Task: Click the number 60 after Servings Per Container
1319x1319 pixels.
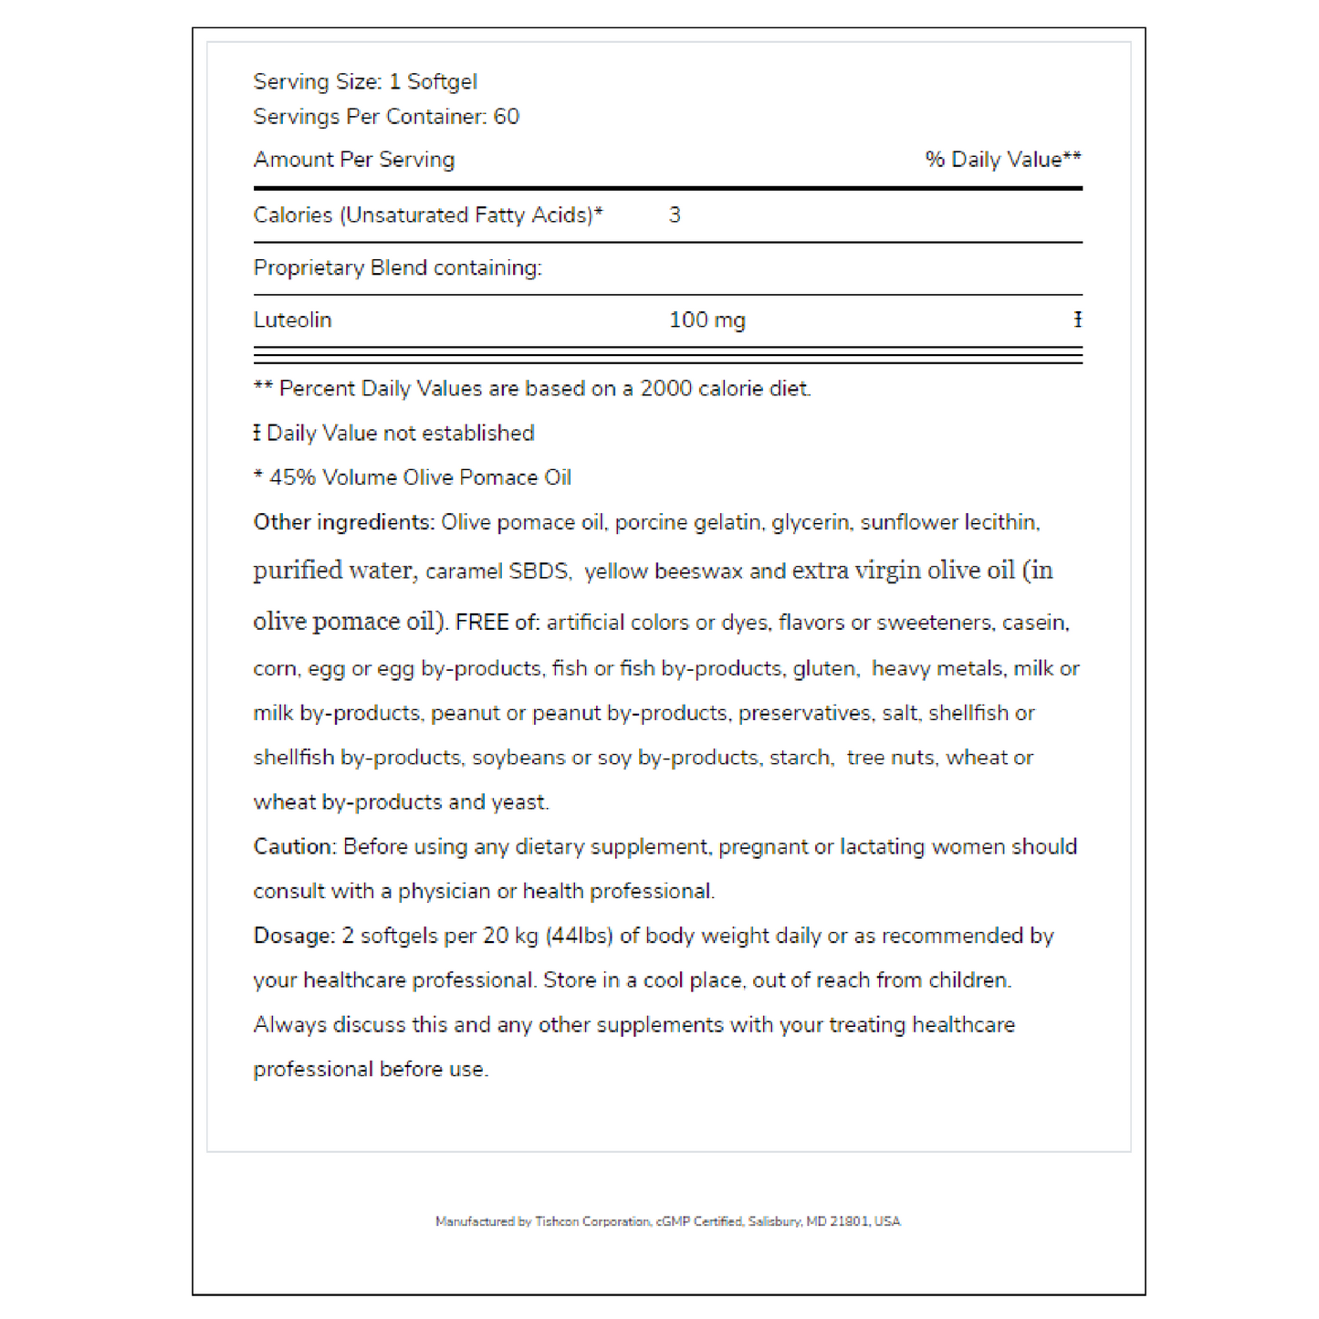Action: click(x=506, y=117)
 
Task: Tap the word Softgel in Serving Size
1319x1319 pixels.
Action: click(x=442, y=82)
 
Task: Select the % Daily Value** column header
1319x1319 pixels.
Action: click(x=1002, y=160)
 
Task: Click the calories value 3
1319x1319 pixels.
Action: click(x=675, y=215)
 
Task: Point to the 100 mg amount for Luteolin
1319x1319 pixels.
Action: click(x=707, y=320)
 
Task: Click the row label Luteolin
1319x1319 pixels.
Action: click(x=292, y=320)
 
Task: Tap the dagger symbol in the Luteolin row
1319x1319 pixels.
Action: click(x=1077, y=320)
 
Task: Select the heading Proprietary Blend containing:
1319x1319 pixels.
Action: click(x=397, y=268)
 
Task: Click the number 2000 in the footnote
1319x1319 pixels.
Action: click(x=665, y=389)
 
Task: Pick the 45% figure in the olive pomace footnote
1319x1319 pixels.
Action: click(x=292, y=477)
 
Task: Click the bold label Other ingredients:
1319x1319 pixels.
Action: click(x=343, y=522)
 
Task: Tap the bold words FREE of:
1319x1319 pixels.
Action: click(x=497, y=623)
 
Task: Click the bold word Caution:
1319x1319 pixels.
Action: click(x=295, y=847)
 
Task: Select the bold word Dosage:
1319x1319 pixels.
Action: click(x=294, y=936)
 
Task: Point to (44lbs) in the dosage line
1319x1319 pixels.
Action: click(x=579, y=936)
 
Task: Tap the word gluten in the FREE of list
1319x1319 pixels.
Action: click(x=825, y=669)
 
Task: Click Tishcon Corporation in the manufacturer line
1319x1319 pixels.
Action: click(x=592, y=1221)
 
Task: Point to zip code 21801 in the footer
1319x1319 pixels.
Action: click(x=850, y=1221)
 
